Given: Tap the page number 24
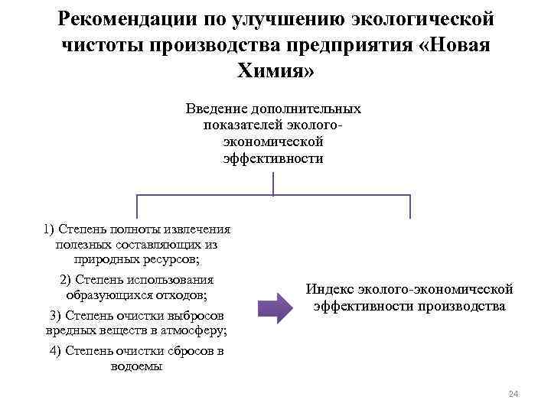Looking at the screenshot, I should pos(513,394).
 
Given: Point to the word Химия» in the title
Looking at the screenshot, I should pos(275,71).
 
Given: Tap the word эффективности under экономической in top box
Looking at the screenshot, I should pos(273,159).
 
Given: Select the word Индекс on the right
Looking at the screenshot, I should pos(331,289).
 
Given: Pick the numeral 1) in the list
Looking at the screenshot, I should pos(51,229).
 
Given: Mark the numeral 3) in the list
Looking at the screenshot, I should pos(55,315).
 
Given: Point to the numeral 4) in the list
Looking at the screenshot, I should pos(55,351).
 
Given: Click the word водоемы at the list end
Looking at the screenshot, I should pos(137,366).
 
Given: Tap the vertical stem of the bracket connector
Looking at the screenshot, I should pos(273,184).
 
